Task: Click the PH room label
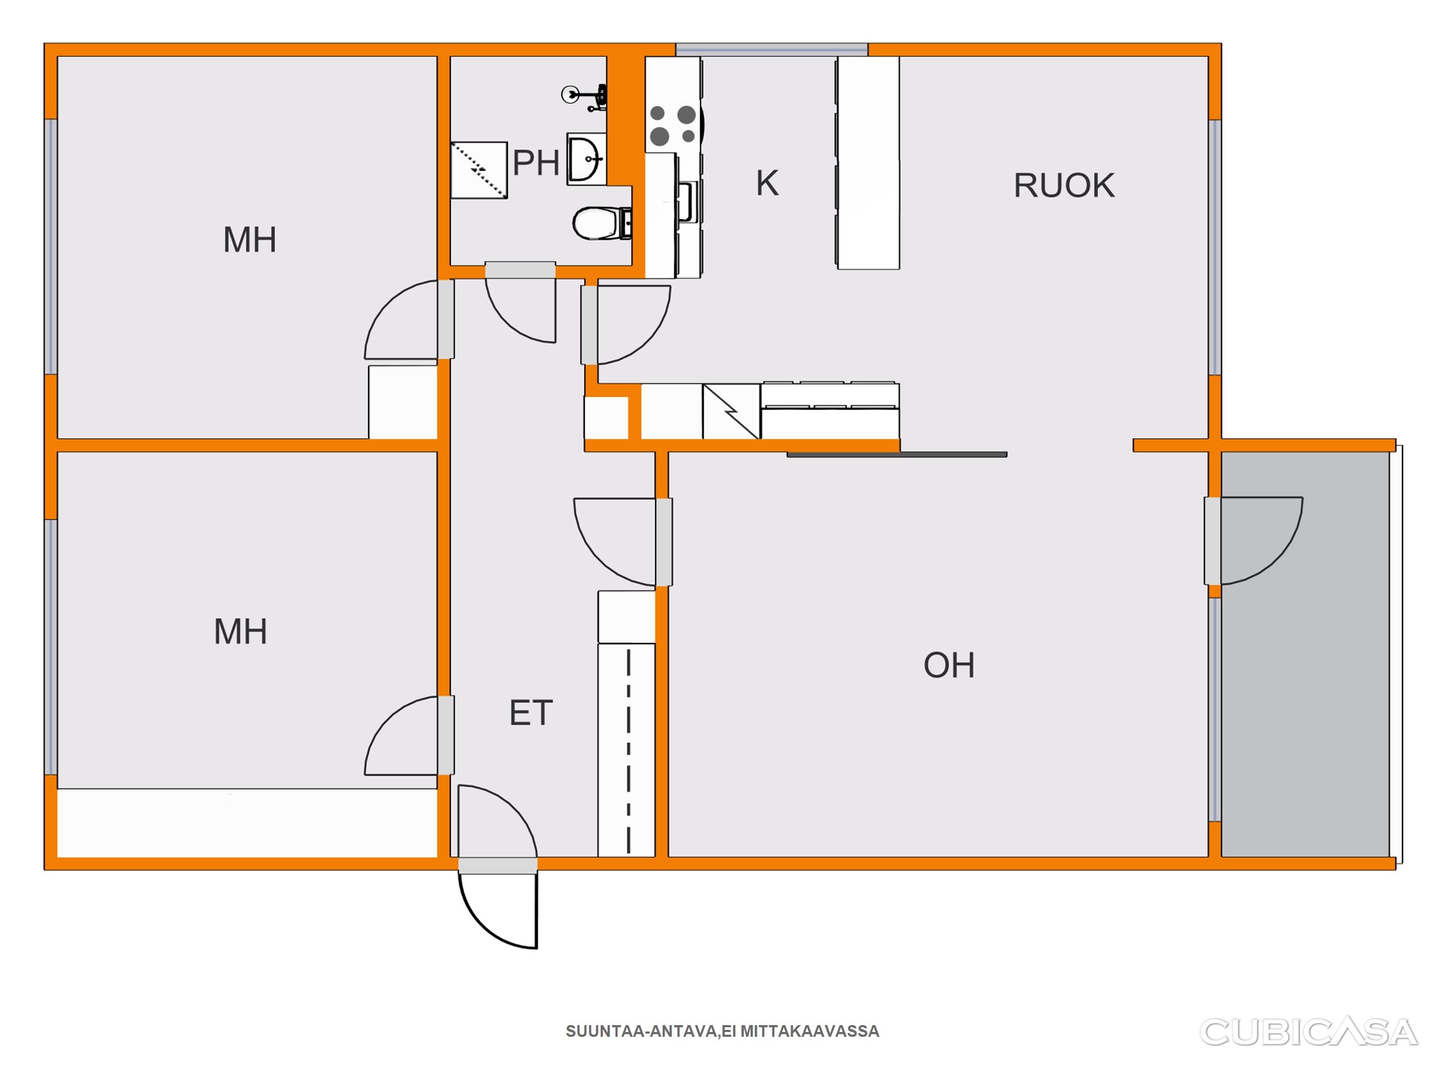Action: [536, 163]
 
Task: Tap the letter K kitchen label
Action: [767, 183]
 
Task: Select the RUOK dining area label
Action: [1064, 186]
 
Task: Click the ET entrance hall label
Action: [531, 713]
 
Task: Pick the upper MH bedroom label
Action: [249, 239]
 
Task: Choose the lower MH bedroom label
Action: [240, 632]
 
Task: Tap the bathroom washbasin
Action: [586, 159]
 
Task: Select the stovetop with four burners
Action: [673, 126]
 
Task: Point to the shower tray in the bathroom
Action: [479, 170]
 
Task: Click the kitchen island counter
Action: [868, 163]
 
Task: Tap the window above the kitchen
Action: [772, 50]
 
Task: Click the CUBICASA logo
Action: [1309, 1031]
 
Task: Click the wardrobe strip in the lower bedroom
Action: [247, 823]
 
